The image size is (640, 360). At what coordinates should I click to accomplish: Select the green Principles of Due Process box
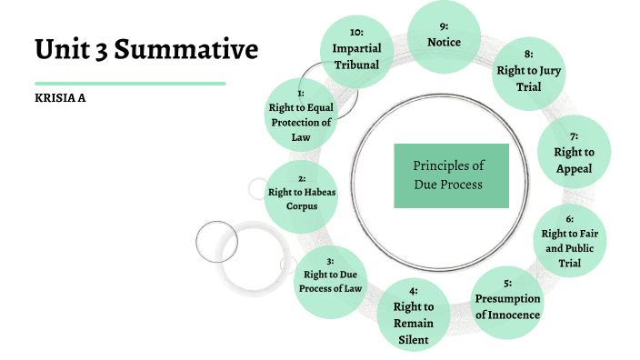[451, 175]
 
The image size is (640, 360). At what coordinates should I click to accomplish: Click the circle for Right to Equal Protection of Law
[300, 115]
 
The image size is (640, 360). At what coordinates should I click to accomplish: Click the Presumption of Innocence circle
[507, 305]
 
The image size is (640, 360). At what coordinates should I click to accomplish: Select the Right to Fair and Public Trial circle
[569, 241]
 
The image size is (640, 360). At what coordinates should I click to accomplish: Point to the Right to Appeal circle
[574, 153]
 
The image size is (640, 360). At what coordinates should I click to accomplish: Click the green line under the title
[130, 83]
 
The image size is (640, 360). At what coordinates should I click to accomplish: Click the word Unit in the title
[65, 49]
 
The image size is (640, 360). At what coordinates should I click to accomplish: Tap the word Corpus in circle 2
[301, 207]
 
